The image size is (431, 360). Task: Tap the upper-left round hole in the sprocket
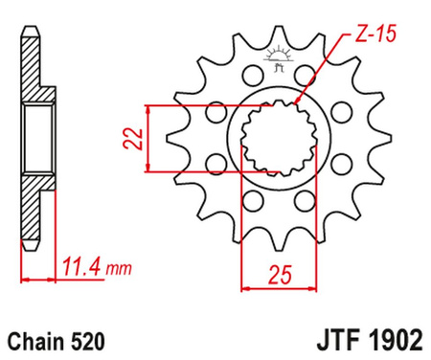tap(252, 75)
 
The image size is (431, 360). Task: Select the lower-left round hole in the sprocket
tap(250, 199)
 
